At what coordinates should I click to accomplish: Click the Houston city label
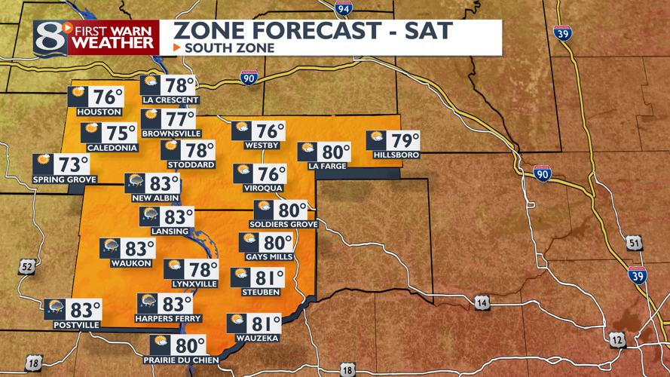(x=94, y=112)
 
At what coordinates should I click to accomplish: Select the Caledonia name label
(x=112, y=148)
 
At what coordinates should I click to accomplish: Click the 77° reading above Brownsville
(x=179, y=120)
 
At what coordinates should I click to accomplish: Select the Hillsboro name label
(x=396, y=155)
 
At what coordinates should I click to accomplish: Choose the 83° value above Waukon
(x=139, y=248)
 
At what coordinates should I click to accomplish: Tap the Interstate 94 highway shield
(x=344, y=8)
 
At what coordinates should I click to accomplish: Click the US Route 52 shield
(x=27, y=267)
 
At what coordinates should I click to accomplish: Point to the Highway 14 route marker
(x=482, y=303)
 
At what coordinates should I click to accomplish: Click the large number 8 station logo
(x=49, y=37)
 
